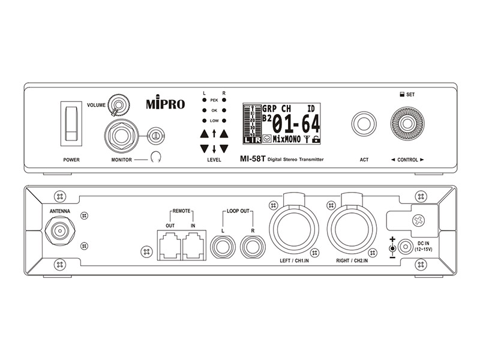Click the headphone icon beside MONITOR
[x=158, y=158]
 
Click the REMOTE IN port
[x=194, y=246]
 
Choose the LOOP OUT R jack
[x=252, y=246]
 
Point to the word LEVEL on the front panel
[x=214, y=160]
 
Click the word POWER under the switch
[x=71, y=160]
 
